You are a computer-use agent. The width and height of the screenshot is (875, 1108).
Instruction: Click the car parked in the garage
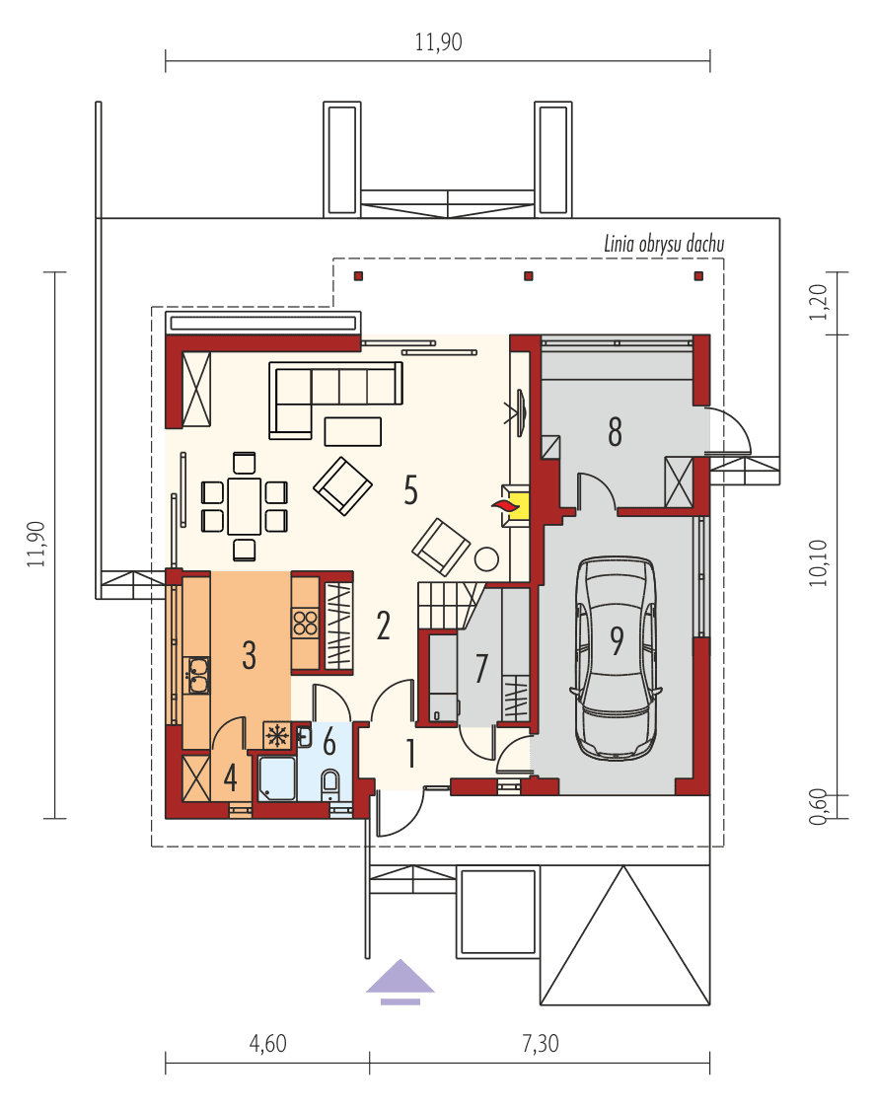tap(618, 658)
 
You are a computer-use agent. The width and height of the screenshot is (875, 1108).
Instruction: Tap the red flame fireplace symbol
tap(505, 505)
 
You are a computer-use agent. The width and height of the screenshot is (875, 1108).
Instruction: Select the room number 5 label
tap(410, 489)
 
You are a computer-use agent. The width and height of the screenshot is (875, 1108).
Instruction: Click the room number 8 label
tap(615, 432)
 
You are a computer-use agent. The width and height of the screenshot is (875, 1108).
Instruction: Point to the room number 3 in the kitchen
tap(250, 654)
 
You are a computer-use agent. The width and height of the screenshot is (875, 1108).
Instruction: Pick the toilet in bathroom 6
tap(330, 784)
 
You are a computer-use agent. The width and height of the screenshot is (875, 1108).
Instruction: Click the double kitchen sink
tap(197, 676)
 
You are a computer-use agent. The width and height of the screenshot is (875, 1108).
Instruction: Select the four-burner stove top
tap(306, 623)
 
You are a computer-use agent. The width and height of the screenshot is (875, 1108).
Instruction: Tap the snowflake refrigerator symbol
tap(277, 735)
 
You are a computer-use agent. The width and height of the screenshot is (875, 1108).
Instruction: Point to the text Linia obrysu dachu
tap(664, 244)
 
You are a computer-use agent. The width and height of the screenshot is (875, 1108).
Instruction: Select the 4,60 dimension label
tap(266, 1044)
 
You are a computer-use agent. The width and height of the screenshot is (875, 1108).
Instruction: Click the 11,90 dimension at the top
tap(438, 42)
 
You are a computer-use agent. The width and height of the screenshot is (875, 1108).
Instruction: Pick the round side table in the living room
tap(486, 559)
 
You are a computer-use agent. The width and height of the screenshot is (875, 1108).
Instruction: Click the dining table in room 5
tap(244, 505)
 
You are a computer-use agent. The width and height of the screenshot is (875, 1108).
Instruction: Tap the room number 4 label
tap(230, 777)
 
